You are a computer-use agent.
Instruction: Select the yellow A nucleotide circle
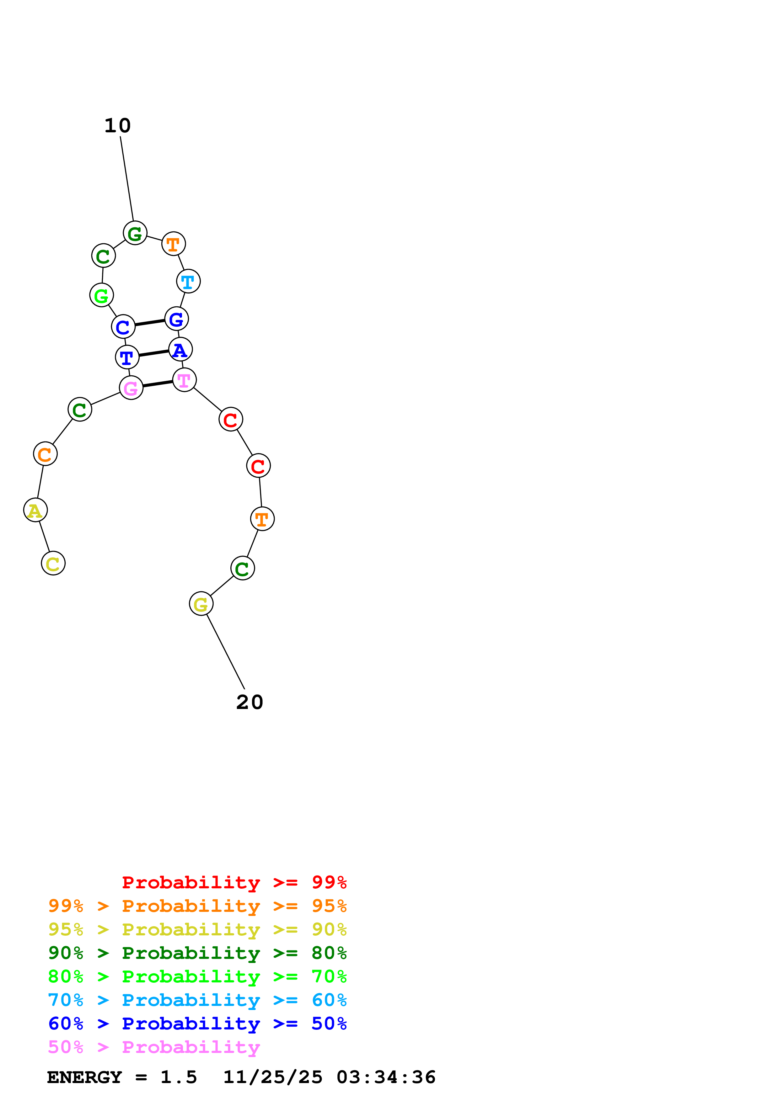coord(35,510)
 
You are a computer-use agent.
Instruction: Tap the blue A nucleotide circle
coord(180,349)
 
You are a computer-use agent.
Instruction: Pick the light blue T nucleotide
coord(188,281)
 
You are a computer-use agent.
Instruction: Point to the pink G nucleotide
coord(131,388)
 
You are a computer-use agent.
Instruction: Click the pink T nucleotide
coord(184,380)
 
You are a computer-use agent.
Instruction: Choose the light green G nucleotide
coord(102,295)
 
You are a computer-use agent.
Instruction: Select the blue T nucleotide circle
coord(127,357)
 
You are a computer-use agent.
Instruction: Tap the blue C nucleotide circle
coord(123,327)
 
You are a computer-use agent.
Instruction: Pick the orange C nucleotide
coord(45,454)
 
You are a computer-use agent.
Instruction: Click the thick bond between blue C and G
coord(150,322)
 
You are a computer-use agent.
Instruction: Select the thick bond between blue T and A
coord(154,353)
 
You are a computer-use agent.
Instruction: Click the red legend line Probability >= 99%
coord(234,882)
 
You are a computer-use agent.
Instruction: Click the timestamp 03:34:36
coord(386,1077)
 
